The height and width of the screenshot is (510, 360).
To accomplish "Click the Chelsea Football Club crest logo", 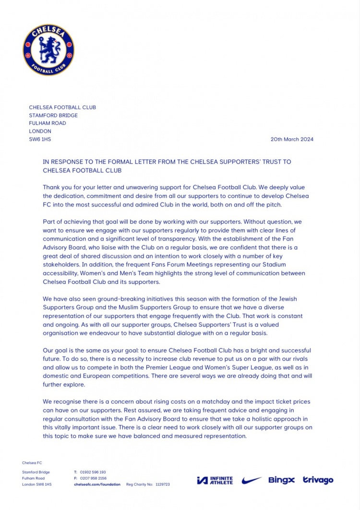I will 48,50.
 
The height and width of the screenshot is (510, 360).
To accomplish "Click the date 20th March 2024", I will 292,139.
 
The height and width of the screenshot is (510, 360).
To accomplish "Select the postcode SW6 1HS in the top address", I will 40,139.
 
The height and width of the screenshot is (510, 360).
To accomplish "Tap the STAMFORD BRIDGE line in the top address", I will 53,115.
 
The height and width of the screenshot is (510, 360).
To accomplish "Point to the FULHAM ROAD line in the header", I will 48,123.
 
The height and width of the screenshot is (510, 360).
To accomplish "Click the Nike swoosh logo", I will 252,480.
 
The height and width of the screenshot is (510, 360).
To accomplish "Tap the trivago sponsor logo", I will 318,480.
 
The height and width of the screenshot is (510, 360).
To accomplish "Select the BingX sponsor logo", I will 281,480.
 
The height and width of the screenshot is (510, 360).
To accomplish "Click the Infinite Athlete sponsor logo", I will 215,480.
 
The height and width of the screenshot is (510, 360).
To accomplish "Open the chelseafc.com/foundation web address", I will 97,485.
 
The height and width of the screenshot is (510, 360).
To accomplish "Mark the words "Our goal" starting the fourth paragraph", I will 55,351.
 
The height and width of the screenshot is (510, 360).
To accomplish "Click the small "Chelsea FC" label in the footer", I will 32,463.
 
